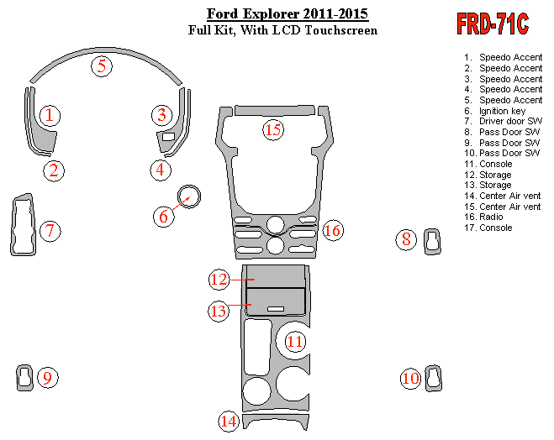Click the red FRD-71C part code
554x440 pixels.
click(493, 24)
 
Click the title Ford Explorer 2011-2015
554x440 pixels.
click(287, 14)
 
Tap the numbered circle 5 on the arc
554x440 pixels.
click(102, 65)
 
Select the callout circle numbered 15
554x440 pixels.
click(272, 129)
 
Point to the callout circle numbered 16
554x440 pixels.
click(332, 230)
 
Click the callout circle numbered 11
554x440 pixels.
click(295, 341)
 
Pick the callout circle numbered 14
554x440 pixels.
click(229, 421)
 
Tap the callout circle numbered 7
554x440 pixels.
click(50, 230)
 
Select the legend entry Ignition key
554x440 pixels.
click(502, 111)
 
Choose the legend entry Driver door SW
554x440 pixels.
click(510, 122)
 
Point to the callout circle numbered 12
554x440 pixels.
click(219, 279)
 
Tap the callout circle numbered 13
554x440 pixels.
click(219, 311)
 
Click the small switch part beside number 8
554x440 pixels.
click(432, 239)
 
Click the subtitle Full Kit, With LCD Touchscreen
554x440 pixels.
click(282, 30)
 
